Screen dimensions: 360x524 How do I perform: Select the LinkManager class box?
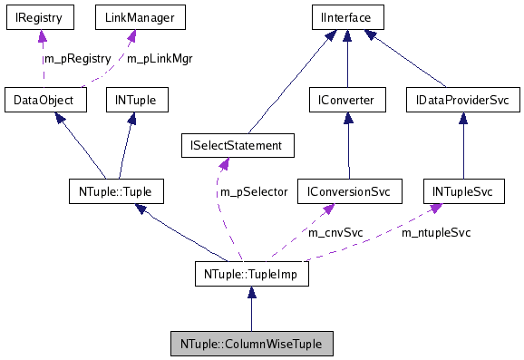click(x=128, y=17)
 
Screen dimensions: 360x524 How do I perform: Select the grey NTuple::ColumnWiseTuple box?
click(x=251, y=345)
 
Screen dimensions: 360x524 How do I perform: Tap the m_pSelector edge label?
click(x=253, y=191)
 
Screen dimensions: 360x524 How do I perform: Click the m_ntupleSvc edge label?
click(x=436, y=232)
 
